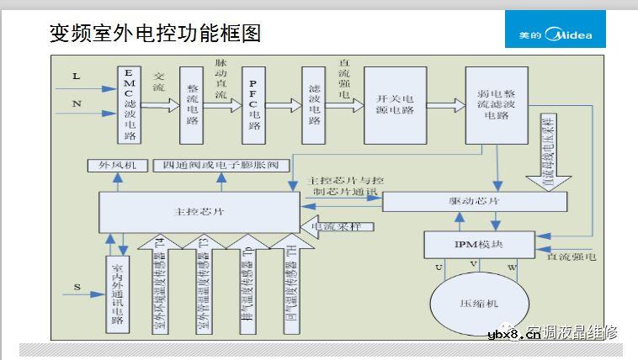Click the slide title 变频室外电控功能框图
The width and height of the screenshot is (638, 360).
[x=155, y=33]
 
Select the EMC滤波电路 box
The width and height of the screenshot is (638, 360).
[x=129, y=104]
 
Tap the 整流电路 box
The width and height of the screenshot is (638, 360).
[x=192, y=104]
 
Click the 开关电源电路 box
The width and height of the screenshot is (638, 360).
[x=396, y=104]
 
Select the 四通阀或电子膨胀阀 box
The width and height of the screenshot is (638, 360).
[x=227, y=166]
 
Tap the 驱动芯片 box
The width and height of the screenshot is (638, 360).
[x=471, y=203]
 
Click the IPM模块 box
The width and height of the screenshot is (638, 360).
[x=477, y=244]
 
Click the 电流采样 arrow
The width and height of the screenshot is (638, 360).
[x=338, y=225]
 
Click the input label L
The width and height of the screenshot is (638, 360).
[x=77, y=77]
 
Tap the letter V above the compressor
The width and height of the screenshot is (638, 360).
[x=474, y=263]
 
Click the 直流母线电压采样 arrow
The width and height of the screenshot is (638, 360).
[x=549, y=156]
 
